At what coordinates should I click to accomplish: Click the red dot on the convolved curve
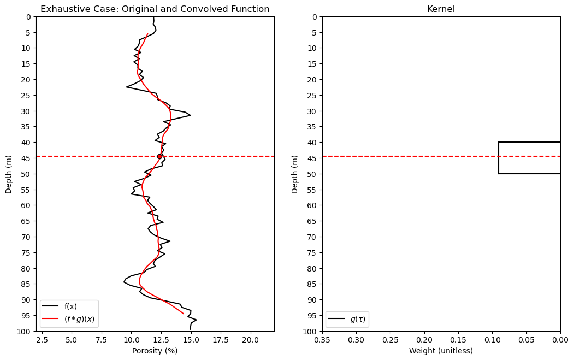(x=159, y=156)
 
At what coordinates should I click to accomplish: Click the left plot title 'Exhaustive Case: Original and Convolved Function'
(x=155, y=9)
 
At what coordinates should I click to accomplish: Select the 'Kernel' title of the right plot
(x=441, y=9)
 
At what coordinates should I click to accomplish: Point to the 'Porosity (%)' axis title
(x=155, y=351)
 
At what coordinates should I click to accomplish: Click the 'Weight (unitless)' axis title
(x=441, y=351)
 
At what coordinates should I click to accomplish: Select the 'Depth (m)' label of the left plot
(x=9, y=174)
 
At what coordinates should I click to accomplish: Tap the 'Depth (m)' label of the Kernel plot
(x=295, y=174)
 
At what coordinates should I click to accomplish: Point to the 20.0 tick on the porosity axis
(x=250, y=340)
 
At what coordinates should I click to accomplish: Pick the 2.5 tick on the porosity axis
(x=42, y=340)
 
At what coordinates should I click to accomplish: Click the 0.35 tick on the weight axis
(x=322, y=340)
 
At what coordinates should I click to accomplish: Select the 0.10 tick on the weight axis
(x=492, y=340)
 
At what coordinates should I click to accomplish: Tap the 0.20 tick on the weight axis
(x=424, y=340)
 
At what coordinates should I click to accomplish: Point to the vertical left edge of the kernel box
(x=499, y=158)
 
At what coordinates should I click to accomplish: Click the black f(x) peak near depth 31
(x=190, y=115)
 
